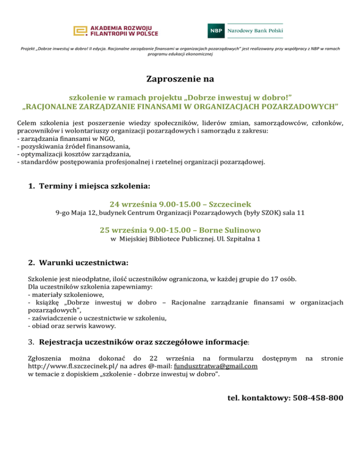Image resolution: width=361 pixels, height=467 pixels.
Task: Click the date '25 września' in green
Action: (x=123, y=230)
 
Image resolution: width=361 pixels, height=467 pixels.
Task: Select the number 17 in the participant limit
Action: (x=275, y=279)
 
